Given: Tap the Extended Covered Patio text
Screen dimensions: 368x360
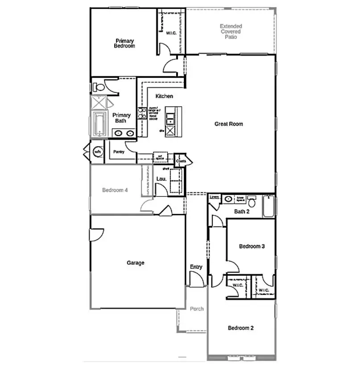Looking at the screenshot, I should pyautogui.click(x=231, y=32).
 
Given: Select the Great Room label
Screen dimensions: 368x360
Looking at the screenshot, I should pyautogui.click(x=228, y=124).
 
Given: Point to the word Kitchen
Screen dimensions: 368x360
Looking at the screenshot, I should pyautogui.click(x=164, y=96).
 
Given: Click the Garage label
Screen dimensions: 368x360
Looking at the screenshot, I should pyautogui.click(x=136, y=263).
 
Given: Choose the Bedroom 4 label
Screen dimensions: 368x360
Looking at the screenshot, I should pyautogui.click(x=115, y=190).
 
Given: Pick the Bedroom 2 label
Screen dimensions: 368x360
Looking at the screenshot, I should pyautogui.click(x=240, y=328).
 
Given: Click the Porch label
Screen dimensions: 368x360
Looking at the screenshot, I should pyautogui.click(x=197, y=309).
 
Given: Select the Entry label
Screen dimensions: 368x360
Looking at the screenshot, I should pyautogui.click(x=196, y=267).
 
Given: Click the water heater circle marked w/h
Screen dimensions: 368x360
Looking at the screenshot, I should pyautogui.click(x=97, y=152).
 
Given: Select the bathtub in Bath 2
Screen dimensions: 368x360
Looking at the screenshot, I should pyautogui.click(x=268, y=206).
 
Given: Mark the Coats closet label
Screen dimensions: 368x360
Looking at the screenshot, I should pyautogui.click(x=181, y=161).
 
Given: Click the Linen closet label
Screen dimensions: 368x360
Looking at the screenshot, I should pyautogui.click(x=215, y=196).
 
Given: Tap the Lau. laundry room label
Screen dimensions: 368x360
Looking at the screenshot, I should pyautogui.click(x=161, y=179).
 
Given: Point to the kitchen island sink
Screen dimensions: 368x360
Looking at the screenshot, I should pyautogui.click(x=170, y=119).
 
